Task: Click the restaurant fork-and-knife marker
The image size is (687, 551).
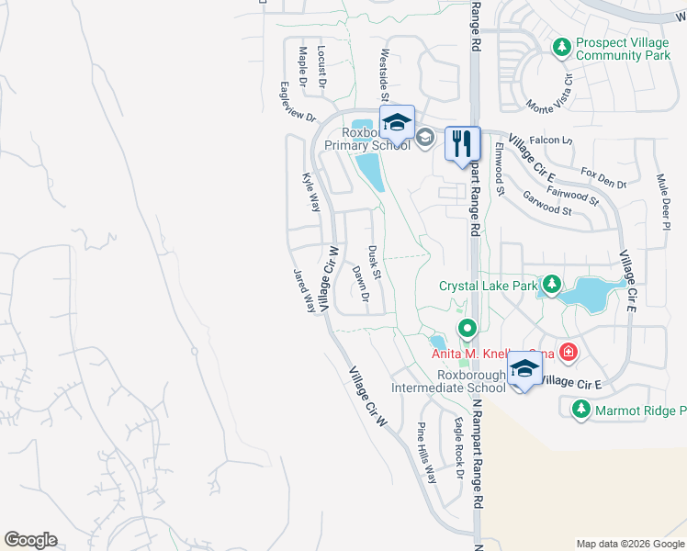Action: pyautogui.click(x=462, y=143)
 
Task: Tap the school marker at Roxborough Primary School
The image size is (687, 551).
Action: pyautogui.click(x=397, y=122)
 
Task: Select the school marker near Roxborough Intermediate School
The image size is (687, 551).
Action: pyautogui.click(x=524, y=368)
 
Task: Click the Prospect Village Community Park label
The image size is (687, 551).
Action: pyautogui.click(x=623, y=50)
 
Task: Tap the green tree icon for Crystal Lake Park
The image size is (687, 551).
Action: pyautogui.click(x=551, y=286)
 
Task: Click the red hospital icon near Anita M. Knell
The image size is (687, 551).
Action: pyautogui.click(x=569, y=352)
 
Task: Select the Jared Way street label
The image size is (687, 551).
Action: pyautogui.click(x=304, y=290)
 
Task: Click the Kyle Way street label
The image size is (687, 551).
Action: pyautogui.click(x=311, y=191)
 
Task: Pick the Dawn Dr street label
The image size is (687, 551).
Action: pyautogui.click(x=360, y=284)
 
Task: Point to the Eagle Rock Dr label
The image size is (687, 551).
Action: pyautogui.click(x=457, y=449)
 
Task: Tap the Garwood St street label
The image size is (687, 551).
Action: pyautogui.click(x=546, y=203)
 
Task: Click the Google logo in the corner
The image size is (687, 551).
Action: pyautogui.click(x=30, y=540)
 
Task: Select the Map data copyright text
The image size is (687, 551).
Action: pyautogui.click(x=629, y=544)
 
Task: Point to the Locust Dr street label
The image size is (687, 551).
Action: pyautogui.click(x=321, y=65)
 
